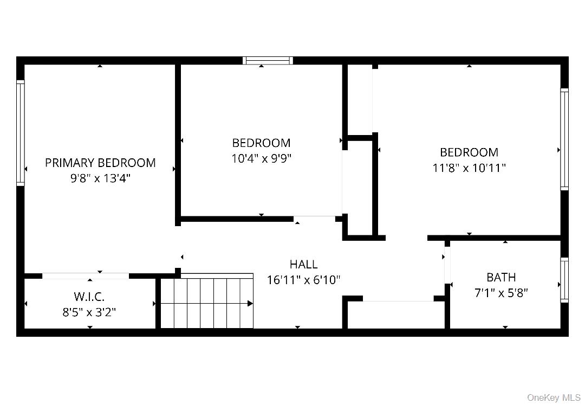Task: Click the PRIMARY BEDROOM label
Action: point(100,163)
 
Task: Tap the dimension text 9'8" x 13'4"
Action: point(100,178)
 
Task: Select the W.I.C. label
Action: point(89,297)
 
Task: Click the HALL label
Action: point(303,265)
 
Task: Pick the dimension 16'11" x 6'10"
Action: point(303,280)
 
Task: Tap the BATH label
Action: point(501,278)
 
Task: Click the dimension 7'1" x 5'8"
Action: point(501,293)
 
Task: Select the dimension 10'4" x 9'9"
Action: point(261,158)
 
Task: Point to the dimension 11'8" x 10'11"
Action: point(469,168)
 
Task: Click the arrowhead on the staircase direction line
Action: point(250,303)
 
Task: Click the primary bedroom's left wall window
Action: point(21,133)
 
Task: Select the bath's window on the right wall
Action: point(564,280)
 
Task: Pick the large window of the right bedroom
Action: point(564,139)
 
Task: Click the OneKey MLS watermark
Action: point(554,397)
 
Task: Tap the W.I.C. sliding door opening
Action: point(86,276)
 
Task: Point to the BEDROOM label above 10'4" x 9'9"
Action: point(261,143)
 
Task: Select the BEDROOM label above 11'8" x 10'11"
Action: point(469,152)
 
